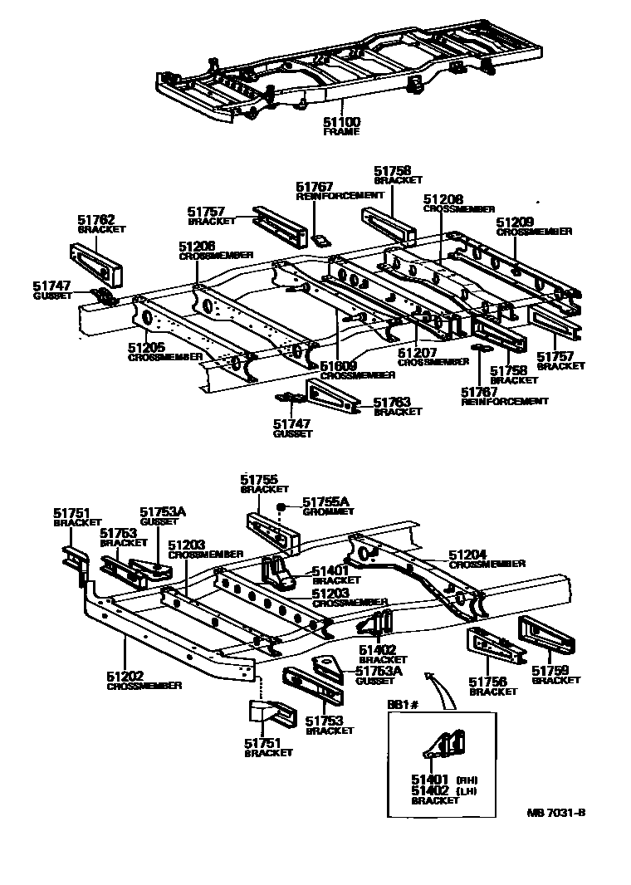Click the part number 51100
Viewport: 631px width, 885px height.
341,122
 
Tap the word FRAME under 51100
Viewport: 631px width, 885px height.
341,132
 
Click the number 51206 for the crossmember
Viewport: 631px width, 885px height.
196,247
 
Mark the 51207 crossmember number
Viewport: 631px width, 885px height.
417,353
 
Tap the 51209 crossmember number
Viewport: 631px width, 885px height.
516,222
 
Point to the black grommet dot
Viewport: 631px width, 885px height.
282,506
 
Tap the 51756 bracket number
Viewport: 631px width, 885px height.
489,682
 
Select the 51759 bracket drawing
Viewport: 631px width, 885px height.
547,638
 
